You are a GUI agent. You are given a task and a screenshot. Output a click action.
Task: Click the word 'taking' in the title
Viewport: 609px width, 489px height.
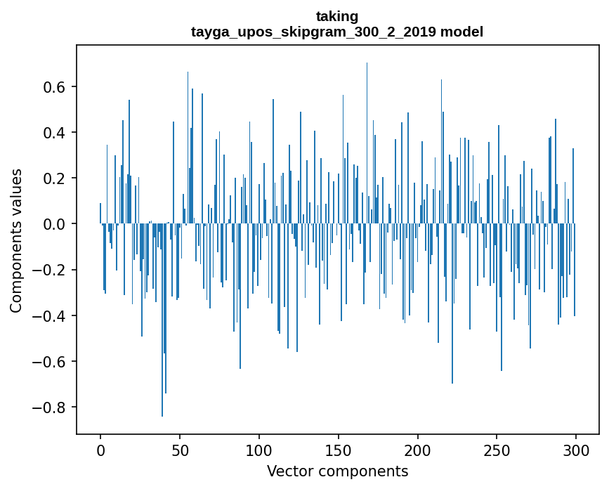click(x=337, y=16)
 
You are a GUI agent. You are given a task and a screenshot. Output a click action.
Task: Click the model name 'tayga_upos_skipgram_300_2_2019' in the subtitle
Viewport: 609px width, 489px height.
click(x=314, y=32)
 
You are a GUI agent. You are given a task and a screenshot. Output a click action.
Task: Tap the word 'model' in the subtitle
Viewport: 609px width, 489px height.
click(x=462, y=32)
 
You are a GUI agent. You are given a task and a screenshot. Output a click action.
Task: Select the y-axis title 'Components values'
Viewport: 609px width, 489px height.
click(x=16, y=240)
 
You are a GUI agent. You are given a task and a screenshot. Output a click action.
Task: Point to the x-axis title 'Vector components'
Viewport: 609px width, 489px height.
click(x=337, y=471)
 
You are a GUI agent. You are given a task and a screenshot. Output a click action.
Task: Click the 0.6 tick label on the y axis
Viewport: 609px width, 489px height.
click(x=55, y=87)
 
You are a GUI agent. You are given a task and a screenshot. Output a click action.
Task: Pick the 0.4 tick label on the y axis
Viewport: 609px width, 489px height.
click(x=55, y=133)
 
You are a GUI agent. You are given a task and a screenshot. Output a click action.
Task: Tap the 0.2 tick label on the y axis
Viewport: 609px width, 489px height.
click(x=55, y=178)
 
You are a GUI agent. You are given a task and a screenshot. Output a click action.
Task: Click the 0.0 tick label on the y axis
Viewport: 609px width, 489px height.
click(x=55, y=224)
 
